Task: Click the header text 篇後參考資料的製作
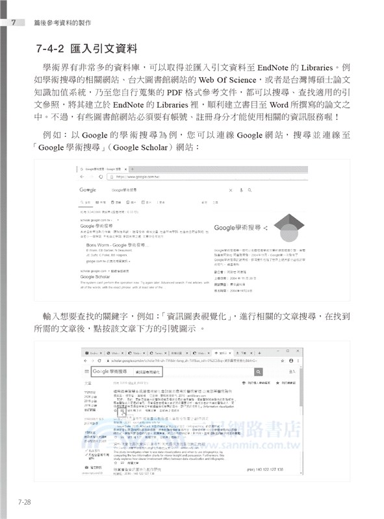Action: [x=57, y=23]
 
